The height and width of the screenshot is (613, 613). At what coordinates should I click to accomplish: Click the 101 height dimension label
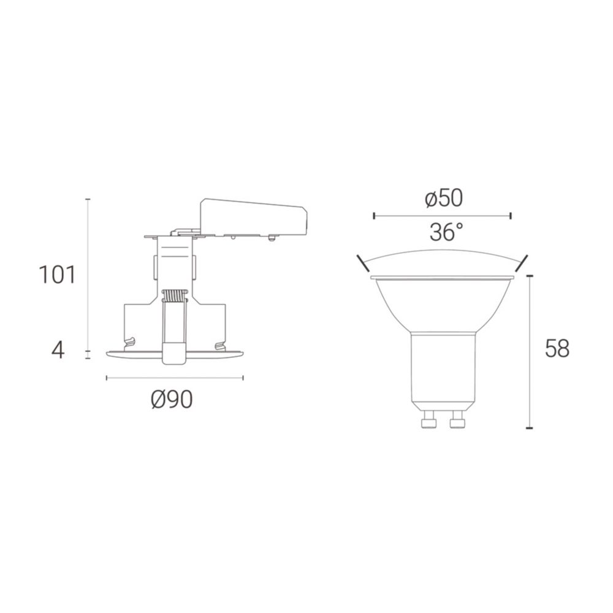pyautogui.click(x=57, y=275)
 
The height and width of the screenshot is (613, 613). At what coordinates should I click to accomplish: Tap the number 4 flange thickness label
pyautogui.click(x=58, y=351)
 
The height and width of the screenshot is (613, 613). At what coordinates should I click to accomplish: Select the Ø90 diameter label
pyautogui.click(x=172, y=400)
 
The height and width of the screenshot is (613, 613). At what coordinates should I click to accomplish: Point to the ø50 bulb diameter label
pyautogui.click(x=444, y=198)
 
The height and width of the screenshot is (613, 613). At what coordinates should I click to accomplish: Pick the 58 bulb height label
pyautogui.click(x=557, y=348)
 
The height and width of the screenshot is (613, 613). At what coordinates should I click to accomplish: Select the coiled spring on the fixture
pyautogui.click(x=174, y=295)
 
